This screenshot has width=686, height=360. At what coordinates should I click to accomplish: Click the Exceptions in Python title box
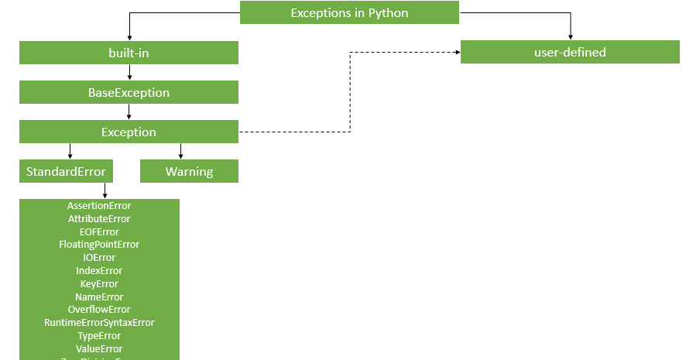(349, 13)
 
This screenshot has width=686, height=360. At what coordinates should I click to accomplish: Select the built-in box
(129, 53)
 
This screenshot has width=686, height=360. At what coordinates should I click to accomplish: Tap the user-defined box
(570, 53)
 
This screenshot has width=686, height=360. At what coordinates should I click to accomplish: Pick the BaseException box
(129, 92)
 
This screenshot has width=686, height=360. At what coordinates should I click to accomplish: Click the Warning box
(189, 171)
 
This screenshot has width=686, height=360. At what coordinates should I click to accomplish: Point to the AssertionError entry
(99, 206)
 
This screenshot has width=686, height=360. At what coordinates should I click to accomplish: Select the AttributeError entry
(99, 219)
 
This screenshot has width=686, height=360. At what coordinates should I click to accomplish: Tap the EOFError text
(99, 231)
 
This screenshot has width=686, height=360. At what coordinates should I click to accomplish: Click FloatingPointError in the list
(99, 245)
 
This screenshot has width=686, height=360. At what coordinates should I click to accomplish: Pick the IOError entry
(99, 258)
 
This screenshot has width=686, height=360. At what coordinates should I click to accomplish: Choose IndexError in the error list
(99, 271)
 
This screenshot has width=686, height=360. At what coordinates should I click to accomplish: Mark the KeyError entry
(99, 284)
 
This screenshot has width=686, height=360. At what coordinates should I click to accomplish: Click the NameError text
(99, 297)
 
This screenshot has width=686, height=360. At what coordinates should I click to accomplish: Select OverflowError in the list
(99, 310)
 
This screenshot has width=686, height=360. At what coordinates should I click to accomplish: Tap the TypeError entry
(99, 336)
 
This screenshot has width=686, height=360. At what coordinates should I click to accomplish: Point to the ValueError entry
(99, 349)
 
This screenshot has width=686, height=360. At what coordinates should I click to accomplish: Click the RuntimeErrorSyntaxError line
(99, 323)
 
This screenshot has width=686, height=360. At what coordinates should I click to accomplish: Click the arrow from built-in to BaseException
(129, 72)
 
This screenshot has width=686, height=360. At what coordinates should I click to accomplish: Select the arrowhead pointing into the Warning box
(181, 156)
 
